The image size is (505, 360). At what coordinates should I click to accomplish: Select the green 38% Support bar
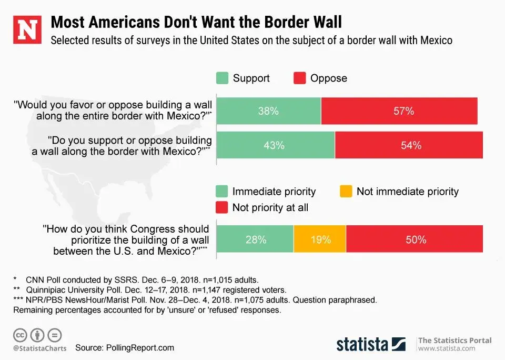click(x=269, y=111)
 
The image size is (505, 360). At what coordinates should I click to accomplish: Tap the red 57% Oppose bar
click(x=399, y=111)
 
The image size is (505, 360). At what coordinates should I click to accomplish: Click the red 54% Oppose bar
click(x=409, y=145)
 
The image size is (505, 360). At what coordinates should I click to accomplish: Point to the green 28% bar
click(x=255, y=239)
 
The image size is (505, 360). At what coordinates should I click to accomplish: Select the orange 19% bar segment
click(x=320, y=239)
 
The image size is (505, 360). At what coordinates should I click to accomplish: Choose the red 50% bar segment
click(x=415, y=239)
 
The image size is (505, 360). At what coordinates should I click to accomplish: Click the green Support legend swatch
click(x=223, y=78)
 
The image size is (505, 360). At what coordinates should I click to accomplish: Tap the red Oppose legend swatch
click(x=299, y=78)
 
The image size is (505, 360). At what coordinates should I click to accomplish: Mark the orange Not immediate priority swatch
click(x=346, y=192)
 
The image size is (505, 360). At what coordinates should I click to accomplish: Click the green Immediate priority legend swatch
click(x=223, y=192)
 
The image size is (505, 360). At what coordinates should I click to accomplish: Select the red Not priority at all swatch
click(x=223, y=207)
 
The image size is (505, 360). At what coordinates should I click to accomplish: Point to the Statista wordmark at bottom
click(x=362, y=344)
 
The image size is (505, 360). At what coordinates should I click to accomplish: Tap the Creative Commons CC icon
click(x=21, y=335)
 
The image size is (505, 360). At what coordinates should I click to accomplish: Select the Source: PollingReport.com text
click(x=124, y=348)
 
